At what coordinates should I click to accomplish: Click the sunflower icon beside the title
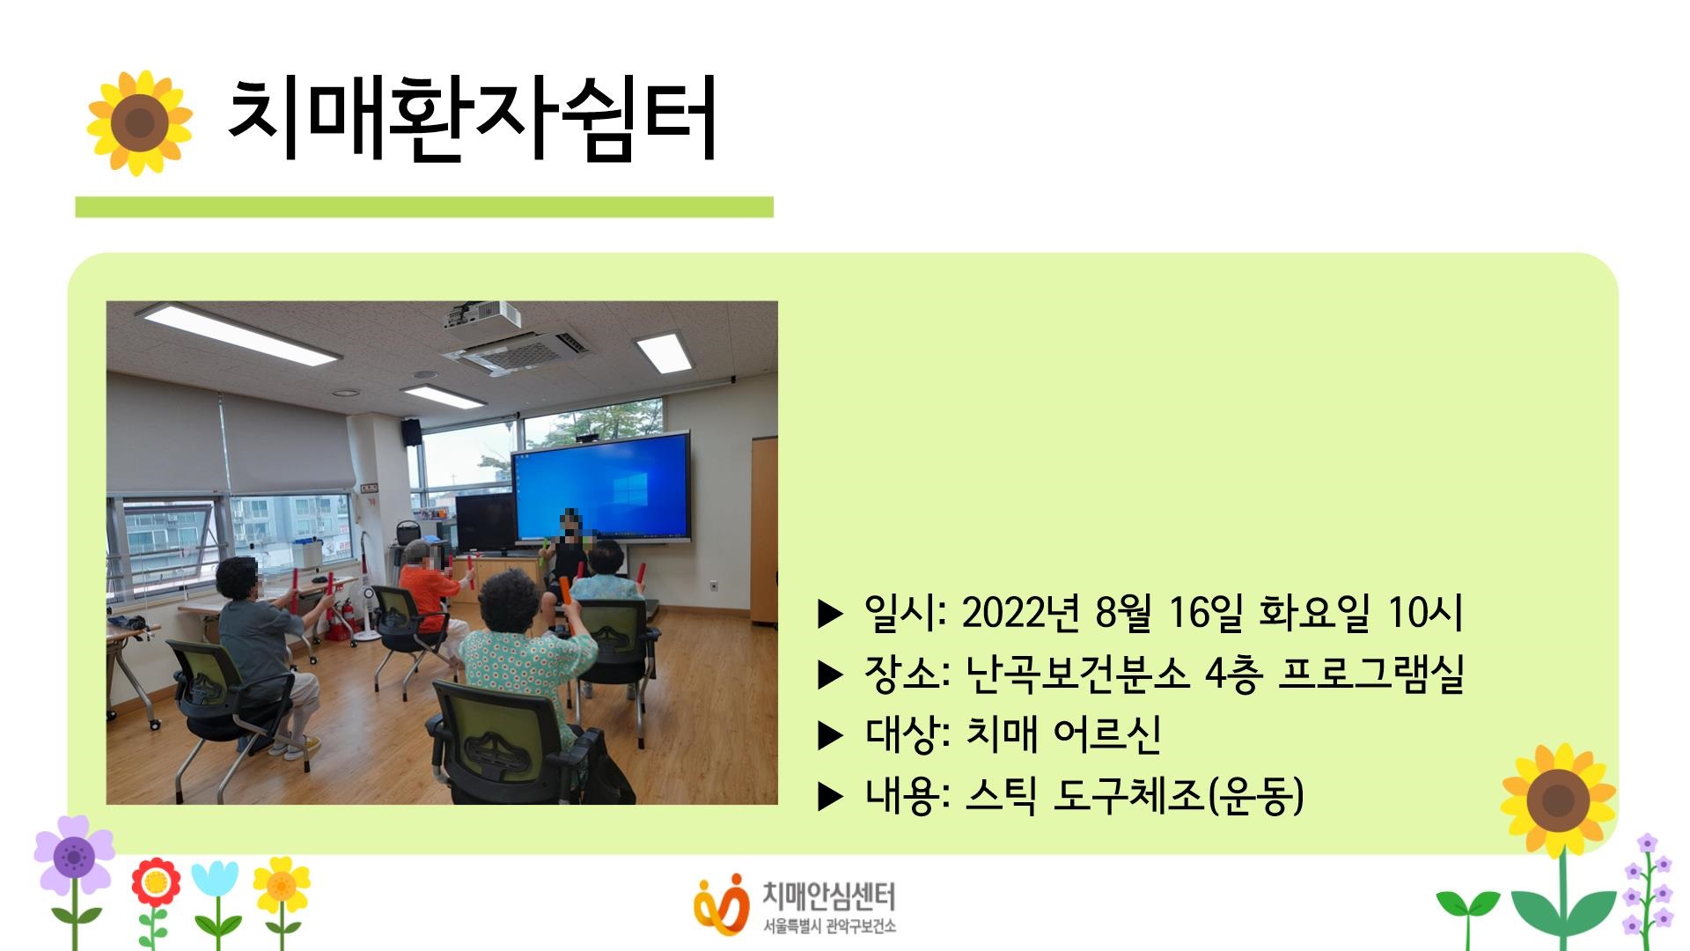pos(139,122)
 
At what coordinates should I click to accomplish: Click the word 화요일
pos(1314,612)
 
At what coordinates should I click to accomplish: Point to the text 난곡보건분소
pos(1076,674)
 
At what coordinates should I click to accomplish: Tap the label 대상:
pos(907,734)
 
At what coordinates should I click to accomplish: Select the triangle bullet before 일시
pos(830,614)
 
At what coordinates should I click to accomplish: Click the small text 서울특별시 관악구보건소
pos(829,927)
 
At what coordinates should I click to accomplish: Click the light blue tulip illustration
pos(215,881)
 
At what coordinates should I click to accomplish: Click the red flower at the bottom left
pos(156,883)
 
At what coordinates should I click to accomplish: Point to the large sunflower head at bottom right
pos(1558,800)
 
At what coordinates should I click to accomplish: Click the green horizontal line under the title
pos(424,207)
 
